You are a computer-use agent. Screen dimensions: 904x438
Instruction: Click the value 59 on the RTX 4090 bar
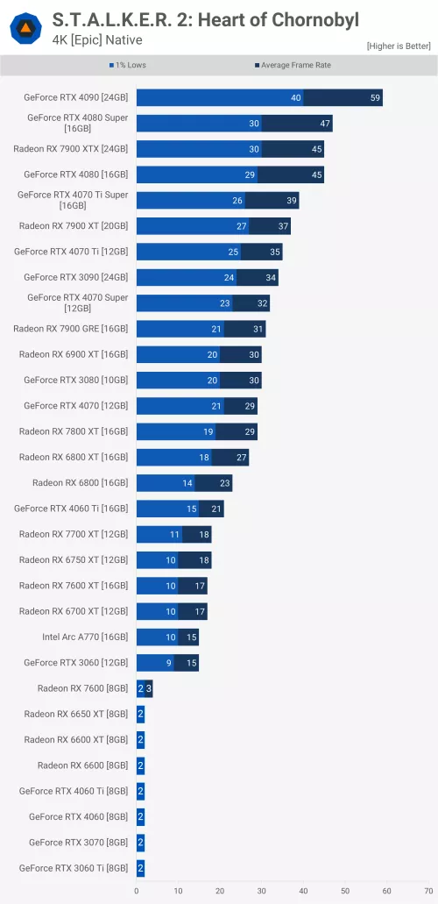(x=376, y=98)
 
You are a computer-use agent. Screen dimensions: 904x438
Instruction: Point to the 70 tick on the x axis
(x=428, y=891)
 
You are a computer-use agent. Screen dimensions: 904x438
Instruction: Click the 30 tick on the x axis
(x=261, y=891)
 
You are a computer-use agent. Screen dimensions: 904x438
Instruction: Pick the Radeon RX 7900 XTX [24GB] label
(x=70, y=149)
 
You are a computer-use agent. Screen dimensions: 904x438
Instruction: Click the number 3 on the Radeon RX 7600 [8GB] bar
(x=149, y=688)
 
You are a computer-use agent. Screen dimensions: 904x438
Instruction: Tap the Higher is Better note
(x=399, y=46)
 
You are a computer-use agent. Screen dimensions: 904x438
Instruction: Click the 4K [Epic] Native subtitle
(x=97, y=40)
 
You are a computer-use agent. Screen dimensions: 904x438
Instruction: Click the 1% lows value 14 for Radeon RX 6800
(x=187, y=483)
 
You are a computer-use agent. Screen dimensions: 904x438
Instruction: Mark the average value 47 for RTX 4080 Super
(x=325, y=124)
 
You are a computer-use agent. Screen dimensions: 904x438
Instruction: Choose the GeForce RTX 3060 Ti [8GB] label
(x=73, y=868)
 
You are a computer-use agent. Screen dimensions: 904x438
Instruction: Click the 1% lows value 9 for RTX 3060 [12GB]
(x=169, y=663)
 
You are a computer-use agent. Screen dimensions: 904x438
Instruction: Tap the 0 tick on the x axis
(x=137, y=891)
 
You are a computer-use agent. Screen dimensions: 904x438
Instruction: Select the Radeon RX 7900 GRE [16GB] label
(x=70, y=329)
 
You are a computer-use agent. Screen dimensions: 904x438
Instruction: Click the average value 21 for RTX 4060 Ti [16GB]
(x=216, y=509)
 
